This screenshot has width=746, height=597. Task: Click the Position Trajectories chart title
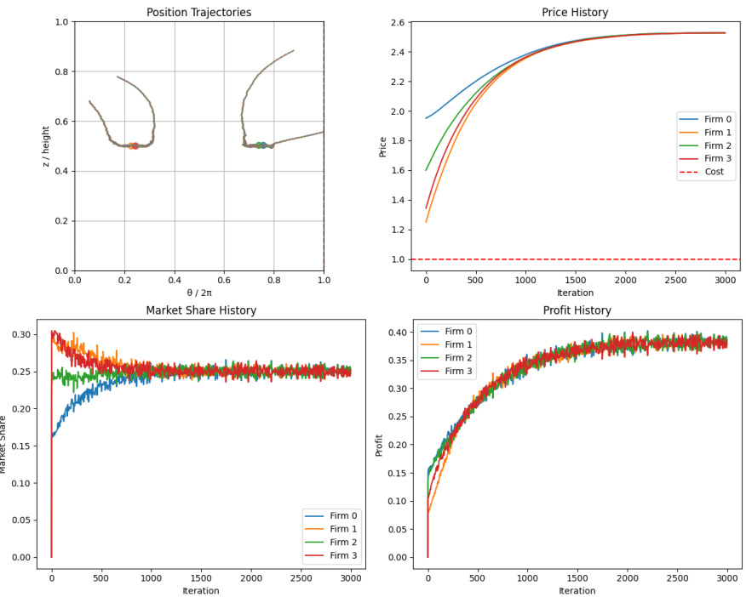point(198,12)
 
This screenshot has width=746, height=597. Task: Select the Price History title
point(575,12)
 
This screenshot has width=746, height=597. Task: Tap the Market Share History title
point(201,310)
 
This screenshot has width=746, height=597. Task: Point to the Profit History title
point(576,310)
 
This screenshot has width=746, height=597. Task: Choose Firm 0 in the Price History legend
point(717,119)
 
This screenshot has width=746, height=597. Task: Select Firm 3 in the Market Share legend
point(344,555)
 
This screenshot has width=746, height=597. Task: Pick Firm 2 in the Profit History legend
point(457,359)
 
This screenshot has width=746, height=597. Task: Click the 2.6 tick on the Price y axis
point(396,23)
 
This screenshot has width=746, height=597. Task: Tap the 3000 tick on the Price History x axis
point(725,281)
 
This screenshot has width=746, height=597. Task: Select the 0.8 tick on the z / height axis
point(60,72)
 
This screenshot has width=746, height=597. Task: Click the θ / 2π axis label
point(198,293)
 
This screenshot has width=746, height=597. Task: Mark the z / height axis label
point(47,146)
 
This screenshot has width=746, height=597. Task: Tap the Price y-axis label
point(382,146)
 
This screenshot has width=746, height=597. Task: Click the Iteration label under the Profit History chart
point(576,591)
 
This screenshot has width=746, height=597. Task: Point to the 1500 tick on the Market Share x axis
point(201,578)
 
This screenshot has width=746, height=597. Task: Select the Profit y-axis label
point(380,445)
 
